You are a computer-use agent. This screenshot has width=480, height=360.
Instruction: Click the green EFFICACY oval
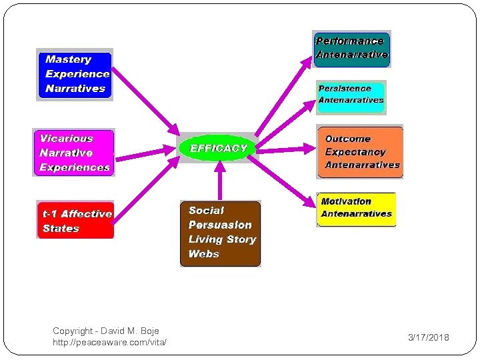coord(218,148)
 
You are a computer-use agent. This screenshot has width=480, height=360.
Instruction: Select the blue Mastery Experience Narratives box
coord(74,74)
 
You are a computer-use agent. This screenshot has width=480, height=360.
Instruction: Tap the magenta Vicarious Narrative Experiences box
coord(74,153)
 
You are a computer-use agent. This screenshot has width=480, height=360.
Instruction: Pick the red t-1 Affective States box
coord(75,220)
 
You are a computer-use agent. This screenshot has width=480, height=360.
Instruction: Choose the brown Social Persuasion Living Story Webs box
coord(220,233)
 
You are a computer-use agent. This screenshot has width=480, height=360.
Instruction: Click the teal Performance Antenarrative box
coord(351,49)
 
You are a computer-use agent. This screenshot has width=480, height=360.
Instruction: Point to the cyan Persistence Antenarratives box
coord(351,95)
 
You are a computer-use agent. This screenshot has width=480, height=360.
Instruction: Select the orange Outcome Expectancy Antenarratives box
coord(360,152)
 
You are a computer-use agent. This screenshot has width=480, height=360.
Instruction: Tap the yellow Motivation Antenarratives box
coord(356,208)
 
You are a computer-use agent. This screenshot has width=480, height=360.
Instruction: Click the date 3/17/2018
coord(428,338)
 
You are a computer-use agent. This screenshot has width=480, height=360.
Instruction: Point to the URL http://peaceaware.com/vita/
coord(109,343)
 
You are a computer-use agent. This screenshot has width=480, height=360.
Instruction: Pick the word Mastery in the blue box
coord(68,60)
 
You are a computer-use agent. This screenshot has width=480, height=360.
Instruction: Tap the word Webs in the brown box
coord(203,254)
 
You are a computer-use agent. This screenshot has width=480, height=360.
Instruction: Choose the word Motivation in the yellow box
coord(346,201)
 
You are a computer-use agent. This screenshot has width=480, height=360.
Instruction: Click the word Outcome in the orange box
coord(347,139)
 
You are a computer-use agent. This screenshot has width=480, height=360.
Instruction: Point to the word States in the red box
coord(61,229)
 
